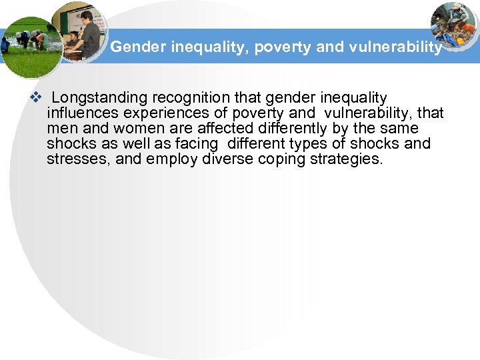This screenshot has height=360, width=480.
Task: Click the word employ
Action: pos(168,159)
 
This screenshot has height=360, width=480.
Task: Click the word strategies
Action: pos(347,159)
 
